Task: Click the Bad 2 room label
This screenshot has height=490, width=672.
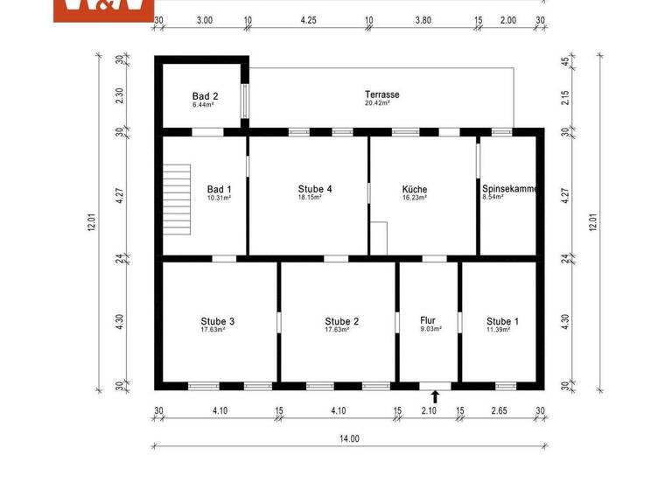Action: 205,95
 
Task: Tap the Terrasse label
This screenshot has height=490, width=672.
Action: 382,94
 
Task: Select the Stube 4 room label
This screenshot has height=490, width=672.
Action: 314,189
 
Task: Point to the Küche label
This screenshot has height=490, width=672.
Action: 414,189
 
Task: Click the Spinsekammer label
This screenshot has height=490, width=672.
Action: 509,189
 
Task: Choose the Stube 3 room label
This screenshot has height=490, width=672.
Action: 217,321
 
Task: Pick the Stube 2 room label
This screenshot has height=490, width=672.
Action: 341,321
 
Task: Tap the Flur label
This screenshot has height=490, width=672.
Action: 428,320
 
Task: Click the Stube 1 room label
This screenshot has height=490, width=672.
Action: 502,321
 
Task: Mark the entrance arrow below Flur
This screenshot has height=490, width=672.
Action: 435,396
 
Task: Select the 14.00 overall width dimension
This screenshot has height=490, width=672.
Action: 349,439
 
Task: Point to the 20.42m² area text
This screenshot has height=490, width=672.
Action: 377,103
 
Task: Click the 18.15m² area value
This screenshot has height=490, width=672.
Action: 310,198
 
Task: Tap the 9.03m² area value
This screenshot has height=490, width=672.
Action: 430,330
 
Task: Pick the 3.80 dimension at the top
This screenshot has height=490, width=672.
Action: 423,18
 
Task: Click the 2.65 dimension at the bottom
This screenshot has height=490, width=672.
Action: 500,411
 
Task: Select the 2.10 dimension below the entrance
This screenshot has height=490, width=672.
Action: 428,411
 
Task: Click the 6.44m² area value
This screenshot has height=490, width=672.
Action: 203,104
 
